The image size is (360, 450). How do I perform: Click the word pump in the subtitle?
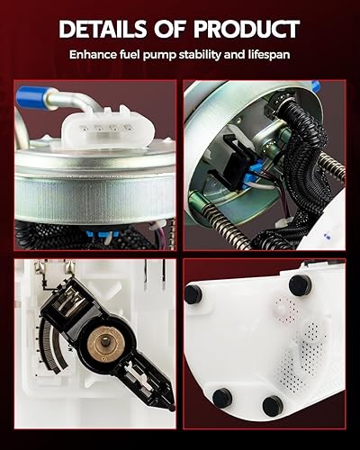click(x=156, y=54)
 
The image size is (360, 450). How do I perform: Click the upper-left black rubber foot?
click(x=193, y=294)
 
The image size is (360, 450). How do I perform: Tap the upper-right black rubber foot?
click(x=300, y=284)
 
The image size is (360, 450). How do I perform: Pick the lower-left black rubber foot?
click(x=222, y=397)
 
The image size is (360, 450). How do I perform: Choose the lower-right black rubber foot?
click(x=273, y=406)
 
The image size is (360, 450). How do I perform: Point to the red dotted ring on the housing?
click(x=284, y=311)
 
